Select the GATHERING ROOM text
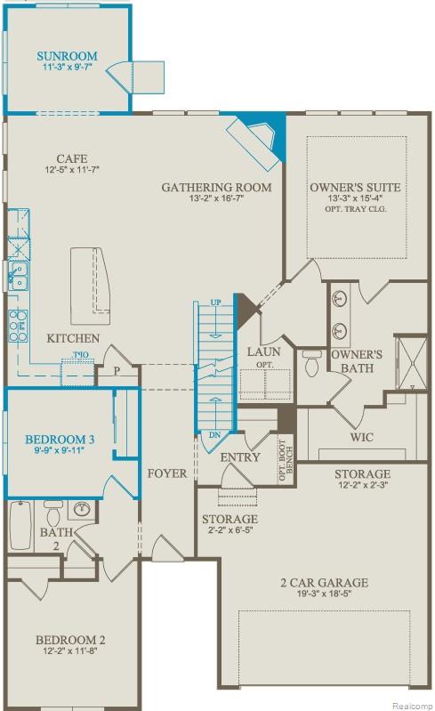216,187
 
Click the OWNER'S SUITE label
354,187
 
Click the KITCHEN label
73,338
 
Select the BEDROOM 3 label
60,440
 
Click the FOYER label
167,473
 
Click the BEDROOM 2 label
70,639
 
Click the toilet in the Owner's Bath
311,363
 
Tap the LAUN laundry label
263,351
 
